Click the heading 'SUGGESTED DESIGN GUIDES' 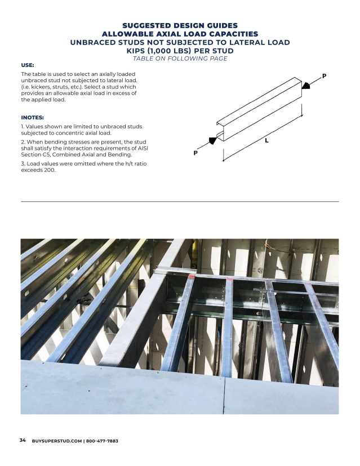[x=180, y=25]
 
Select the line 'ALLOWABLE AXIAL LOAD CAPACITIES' [x=180, y=34]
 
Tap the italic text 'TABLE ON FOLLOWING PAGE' [x=180, y=59]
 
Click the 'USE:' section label [x=28, y=65]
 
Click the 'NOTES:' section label [x=33, y=118]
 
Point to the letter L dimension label [x=266, y=141]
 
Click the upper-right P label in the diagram [x=324, y=75]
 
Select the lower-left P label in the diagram [x=195, y=153]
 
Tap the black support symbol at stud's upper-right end [x=306, y=85]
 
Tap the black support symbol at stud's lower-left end [x=213, y=140]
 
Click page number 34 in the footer [x=23, y=440]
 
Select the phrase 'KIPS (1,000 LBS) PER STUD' [x=180, y=51]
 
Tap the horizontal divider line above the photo [x=180, y=201]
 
